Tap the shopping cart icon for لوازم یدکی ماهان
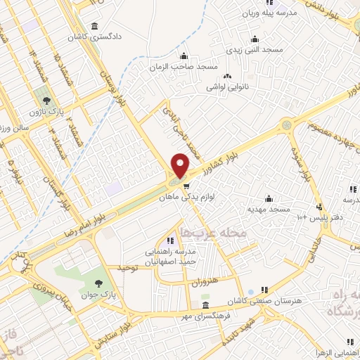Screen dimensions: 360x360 [186, 186]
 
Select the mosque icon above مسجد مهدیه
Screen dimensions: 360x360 [268, 198]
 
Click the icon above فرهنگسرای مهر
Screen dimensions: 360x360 [205, 304]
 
